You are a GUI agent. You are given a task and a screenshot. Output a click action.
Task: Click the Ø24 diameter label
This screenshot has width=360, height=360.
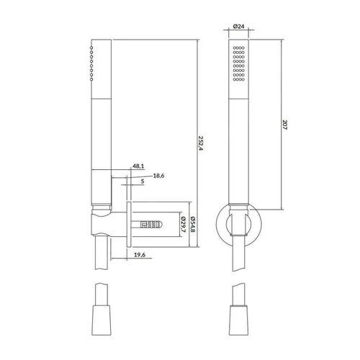click(x=238, y=26)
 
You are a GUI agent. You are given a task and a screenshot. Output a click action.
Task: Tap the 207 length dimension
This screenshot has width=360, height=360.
click(x=285, y=125)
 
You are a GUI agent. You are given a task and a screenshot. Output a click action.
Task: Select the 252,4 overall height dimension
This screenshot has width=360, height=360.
click(x=201, y=143)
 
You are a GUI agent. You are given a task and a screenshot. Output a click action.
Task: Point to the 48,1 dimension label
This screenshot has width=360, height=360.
click(x=138, y=166)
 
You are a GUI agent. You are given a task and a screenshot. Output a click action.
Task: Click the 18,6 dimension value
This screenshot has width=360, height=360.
click(x=158, y=176)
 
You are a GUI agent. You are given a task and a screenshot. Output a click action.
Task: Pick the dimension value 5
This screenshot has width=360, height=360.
click(x=143, y=181)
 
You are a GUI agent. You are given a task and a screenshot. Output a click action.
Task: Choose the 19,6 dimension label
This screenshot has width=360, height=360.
click(x=140, y=255)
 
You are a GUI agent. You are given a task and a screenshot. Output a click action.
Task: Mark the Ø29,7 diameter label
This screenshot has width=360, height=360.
click(x=183, y=224)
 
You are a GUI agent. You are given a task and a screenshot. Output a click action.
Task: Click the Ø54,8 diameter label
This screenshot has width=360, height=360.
click(x=192, y=224)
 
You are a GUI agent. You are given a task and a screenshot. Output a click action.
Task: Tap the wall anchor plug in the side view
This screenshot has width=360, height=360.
click(x=151, y=225)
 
